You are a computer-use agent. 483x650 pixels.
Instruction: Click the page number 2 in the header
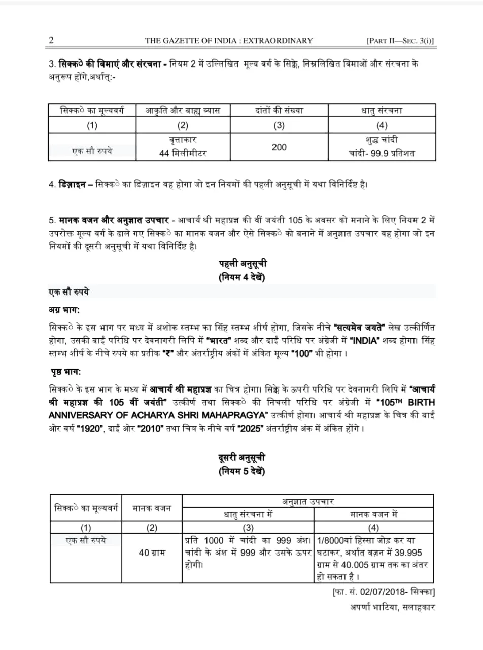pos(51,41)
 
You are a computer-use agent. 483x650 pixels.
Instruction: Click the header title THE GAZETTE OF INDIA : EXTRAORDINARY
pos(229,41)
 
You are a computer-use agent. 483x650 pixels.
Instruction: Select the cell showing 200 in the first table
pos(279,147)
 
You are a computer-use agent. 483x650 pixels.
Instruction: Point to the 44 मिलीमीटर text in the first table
pos(183,153)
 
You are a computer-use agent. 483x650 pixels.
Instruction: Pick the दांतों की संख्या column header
pos(279,110)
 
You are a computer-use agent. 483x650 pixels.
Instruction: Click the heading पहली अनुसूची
pos(243,264)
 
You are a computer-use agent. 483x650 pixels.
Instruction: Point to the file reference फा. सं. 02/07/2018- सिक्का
pos(384,592)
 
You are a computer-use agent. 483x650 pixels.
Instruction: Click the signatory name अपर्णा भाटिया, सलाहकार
pos(392,607)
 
